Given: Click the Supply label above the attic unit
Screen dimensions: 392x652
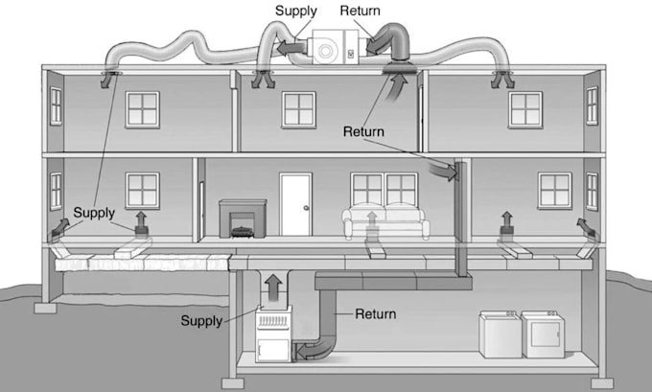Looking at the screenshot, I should (x=296, y=12).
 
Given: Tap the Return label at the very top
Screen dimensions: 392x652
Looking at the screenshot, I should (x=361, y=12).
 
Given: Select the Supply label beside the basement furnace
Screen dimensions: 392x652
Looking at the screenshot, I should (x=201, y=320).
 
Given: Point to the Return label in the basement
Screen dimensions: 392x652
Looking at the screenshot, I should (x=376, y=313).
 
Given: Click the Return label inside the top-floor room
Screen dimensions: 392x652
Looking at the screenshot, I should (x=364, y=131).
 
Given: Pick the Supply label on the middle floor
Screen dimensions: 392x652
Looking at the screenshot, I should (x=94, y=212).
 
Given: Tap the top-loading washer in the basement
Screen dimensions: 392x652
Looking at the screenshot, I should (x=501, y=334).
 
